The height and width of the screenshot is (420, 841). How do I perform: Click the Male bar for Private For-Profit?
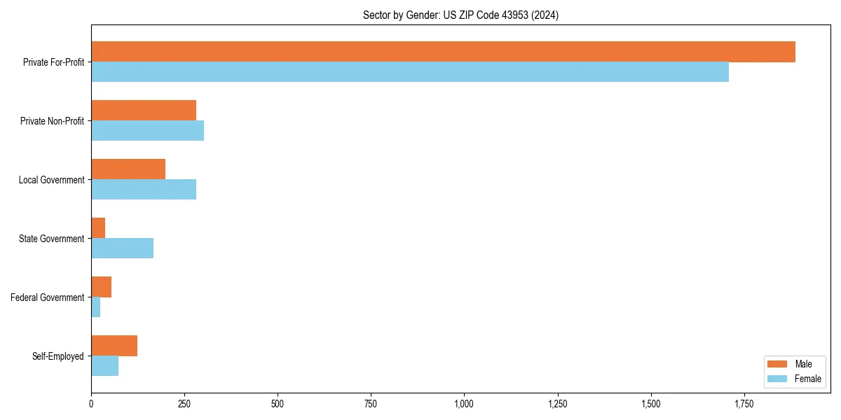tap(443, 52)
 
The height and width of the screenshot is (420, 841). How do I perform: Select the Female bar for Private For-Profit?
tap(410, 72)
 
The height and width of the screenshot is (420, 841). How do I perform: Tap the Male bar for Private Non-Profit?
tap(144, 111)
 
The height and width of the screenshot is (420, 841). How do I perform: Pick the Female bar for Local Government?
tap(144, 190)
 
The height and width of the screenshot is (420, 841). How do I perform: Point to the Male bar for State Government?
tap(98, 228)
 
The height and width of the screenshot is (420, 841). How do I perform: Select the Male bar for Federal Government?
tap(101, 287)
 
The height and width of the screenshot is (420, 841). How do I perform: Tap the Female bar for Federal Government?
tap(95, 307)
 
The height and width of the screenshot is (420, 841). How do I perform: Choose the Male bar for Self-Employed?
tap(114, 346)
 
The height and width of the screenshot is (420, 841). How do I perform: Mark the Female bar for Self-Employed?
tap(104, 366)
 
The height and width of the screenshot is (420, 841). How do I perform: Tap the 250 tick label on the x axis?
tap(184, 404)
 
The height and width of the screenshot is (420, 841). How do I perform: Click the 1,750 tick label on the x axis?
tap(744, 404)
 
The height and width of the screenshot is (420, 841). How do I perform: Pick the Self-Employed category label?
tap(58, 356)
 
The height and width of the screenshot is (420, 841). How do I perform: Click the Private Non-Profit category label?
tap(52, 121)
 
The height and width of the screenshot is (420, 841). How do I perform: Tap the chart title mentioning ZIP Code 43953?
tap(460, 15)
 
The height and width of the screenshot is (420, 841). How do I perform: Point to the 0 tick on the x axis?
tap(91, 404)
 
